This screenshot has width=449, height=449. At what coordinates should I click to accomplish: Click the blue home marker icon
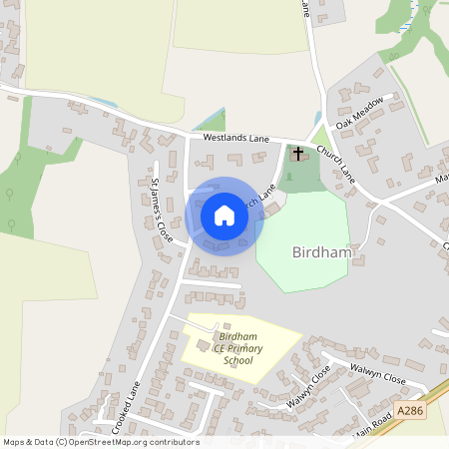click(224, 216)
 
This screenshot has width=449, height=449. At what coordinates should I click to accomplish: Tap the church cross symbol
click(298, 154)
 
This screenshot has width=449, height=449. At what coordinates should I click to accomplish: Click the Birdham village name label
click(323, 252)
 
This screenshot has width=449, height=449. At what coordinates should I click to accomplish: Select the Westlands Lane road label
click(236, 140)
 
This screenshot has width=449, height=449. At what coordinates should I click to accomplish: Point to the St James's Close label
click(159, 211)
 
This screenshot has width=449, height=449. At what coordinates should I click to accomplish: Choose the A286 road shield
click(409, 410)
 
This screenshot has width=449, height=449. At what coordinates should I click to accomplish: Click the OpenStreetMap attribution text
click(100, 442)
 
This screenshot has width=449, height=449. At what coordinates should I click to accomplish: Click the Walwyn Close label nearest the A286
click(377, 379)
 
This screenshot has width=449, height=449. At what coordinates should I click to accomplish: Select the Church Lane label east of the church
click(336, 162)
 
